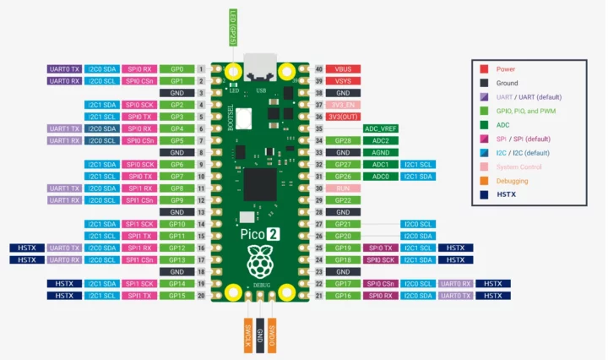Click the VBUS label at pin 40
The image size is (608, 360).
pyautogui.click(x=343, y=68)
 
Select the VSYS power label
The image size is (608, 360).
pyautogui.click(x=343, y=80)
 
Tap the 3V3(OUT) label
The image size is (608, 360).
pyautogui.click(x=343, y=117)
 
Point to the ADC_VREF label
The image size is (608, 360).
pyautogui.click(x=381, y=128)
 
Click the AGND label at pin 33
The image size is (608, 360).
pyautogui.click(x=381, y=152)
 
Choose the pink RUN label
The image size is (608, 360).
pyautogui.click(x=343, y=188)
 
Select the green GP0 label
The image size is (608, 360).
pyautogui.click(x=176, y=68)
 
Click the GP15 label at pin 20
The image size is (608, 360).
pyautogui.click(x=176, y=296)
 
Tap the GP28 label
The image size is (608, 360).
pyautogui.click(x=343, y=140)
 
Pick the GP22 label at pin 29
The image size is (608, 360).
pyautogui.click(x=343, y=200)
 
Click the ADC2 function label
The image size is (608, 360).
pyautogui.click(x=381, y=140)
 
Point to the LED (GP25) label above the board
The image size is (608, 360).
pyautogui.click(x=234, y=27)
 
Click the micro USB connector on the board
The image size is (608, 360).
pyautogui.click(x=260, y=67)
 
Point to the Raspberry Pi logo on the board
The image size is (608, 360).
pyautogui.click(x=260, y=263)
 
